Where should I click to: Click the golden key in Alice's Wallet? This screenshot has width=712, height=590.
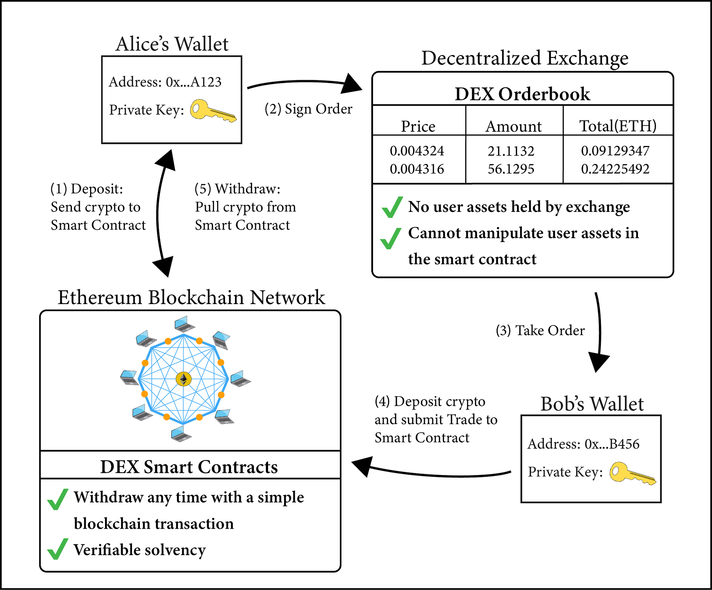pyautogui.click(x=212, y=111)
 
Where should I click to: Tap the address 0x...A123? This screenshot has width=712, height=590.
pyautogui.click(x=194, y=82)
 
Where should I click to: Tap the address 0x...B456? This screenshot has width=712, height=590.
pyautogui.click(x=612, y=444)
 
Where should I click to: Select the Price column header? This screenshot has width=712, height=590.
pyautogui.click(x=418, y=126)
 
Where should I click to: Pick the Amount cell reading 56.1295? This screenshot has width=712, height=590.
pyautogui.click(x=511, y=169)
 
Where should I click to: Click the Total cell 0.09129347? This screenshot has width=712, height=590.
pyautogui.click(x=615, y=151)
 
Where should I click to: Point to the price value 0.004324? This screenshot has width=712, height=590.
pyautogui.click(x=417, y=151)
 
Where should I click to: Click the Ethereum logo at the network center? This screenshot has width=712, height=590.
pyautogui.click(x=183, y=379)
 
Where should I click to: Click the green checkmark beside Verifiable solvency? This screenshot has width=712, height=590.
pyautogui.click(x=57, y=549)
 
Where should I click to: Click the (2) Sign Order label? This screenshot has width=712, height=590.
pyautogui.click(x=308, y=109)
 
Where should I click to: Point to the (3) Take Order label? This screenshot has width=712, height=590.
pyautogui.click(x=540, y=330)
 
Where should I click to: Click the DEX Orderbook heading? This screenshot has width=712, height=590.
pyautogui.click(x=522, y=94)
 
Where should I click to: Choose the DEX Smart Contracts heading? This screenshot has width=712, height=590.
pyautogui.click(x=189, y=467)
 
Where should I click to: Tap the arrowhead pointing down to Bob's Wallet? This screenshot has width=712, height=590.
pyautogui.click(x=598, y=362)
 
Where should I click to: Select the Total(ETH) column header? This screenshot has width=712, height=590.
pyautogui.click(x=618, y=126)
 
